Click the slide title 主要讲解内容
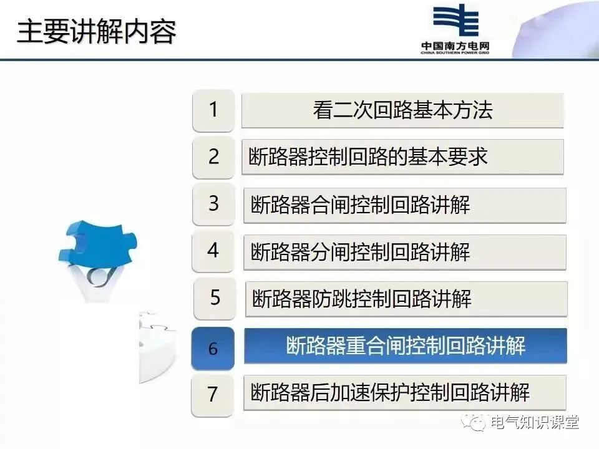pos(96,32)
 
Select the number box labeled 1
pos(213,110)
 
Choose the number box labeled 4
pos(213,251)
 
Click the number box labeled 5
pos(215,298)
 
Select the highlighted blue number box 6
pos(213,348)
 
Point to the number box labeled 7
pos(213,394)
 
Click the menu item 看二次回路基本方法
pos(402,110)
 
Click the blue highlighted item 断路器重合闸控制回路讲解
pos(406,345)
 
